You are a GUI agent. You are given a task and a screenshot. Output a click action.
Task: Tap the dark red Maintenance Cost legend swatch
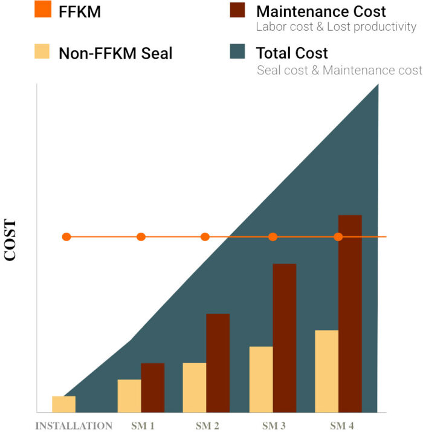tap(237, 11)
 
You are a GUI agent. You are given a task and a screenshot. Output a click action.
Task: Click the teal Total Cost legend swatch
tap(237, 53)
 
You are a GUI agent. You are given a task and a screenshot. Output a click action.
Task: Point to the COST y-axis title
tap(11, 240)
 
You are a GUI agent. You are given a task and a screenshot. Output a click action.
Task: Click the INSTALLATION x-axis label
tap(74, 426)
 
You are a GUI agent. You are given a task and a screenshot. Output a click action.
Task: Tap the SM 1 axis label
tap(143, 426)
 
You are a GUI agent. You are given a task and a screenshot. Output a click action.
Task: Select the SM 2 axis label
tap(207, 426)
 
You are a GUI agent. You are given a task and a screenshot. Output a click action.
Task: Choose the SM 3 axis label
tap(274, 426)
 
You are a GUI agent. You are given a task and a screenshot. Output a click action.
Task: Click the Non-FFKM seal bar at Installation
tap(64, 404)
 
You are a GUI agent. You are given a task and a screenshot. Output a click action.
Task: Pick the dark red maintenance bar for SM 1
tap(153, 387)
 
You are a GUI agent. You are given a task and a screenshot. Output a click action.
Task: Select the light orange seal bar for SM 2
tap(195, 387)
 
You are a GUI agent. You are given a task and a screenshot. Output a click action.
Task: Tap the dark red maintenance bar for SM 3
tap(285, 338)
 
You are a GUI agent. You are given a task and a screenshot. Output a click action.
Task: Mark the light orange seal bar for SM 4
tap(327, 371)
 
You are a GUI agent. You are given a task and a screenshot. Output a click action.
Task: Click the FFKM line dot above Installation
tap(66, 237)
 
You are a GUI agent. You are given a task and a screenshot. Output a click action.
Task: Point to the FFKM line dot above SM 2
tap(205, 237)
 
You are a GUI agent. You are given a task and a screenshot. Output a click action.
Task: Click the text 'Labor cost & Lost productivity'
tap(336, 27)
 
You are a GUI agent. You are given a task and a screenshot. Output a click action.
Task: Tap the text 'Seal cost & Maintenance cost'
tap(339, 71)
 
